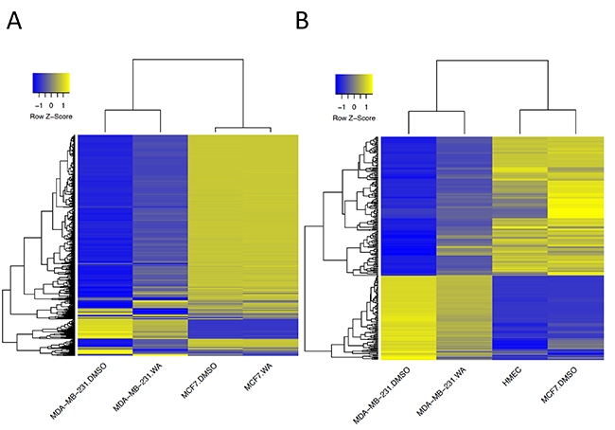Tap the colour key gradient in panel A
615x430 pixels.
point(51,82)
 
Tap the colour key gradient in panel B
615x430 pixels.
point(354,85)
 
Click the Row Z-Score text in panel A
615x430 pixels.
point(51,116)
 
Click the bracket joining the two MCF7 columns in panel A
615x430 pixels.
point(244,127)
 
